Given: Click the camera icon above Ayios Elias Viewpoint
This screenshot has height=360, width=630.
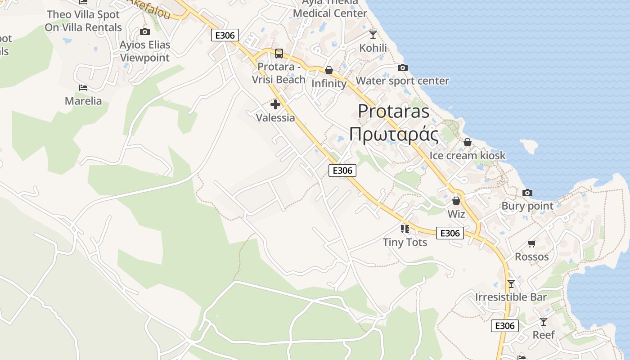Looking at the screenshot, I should click(x=144, y=31).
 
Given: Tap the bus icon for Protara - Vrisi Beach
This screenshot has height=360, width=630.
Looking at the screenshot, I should click(x=279, y=54).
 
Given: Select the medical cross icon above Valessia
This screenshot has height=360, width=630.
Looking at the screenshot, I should click(x=275, y=105).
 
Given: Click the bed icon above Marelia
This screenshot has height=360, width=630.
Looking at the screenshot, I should click(x=83, y=87).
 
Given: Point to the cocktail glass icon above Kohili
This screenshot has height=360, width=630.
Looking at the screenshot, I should click(x=373, y=34).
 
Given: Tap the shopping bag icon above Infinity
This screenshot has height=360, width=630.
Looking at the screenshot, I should click(x=329, y=70).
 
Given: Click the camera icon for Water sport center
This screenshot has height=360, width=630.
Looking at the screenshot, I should click(x=403, y=68).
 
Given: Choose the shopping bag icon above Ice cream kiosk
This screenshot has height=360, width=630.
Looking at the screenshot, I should click(x=468, y=142).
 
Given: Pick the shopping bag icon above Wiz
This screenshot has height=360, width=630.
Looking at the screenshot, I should click(x=456, y=201).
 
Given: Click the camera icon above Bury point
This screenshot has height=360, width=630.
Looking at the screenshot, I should click(x=527, y=193).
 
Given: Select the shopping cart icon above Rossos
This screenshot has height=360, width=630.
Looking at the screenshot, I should click(x=532, y=244).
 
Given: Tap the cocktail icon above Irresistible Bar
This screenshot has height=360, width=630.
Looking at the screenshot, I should click(x=511, y=284).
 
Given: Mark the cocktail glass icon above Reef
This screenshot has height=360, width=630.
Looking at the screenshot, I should click(x=544, y=322).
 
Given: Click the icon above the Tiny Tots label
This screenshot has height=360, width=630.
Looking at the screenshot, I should click(x=405, y=229).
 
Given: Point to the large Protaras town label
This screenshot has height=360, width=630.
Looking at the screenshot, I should click(x=394, y=111).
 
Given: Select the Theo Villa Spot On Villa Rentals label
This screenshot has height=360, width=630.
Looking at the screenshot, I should click(x=83, y=21).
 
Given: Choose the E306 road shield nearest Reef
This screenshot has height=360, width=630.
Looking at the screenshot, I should click(x=504, y=326).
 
